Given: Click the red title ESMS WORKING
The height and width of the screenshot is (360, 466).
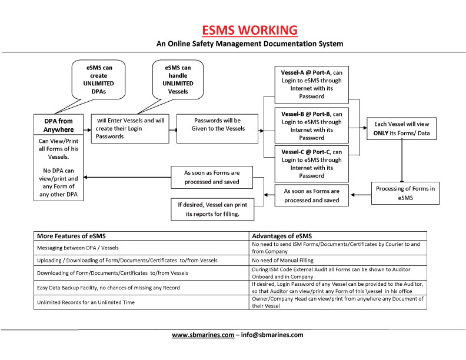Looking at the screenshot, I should pyautogui.click(x=249, y=30).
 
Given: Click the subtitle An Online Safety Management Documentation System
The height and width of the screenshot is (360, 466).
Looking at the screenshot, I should pyautogui.click(x=249, y=44).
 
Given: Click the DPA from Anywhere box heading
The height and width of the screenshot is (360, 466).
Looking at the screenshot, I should pyautogui.click(x=58, y=125).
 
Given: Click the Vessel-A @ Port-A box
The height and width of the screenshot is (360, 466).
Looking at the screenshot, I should pyautogui.click(x=311, y=84).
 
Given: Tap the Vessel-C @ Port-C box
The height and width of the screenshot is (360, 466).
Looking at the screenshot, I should pyautogui.click(x=311, y=163).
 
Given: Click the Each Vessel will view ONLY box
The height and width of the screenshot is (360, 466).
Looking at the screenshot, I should pyautogui.click(x=402, y=128).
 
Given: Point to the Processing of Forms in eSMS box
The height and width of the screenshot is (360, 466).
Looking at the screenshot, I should pyautogui.click(x=405, y=192).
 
